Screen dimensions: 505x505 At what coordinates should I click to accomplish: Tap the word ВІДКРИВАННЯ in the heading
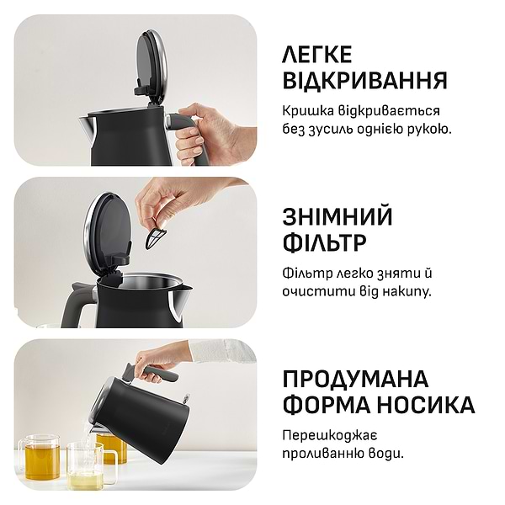coord(364,81)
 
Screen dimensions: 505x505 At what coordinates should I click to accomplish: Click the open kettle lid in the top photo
coord(151,63)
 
